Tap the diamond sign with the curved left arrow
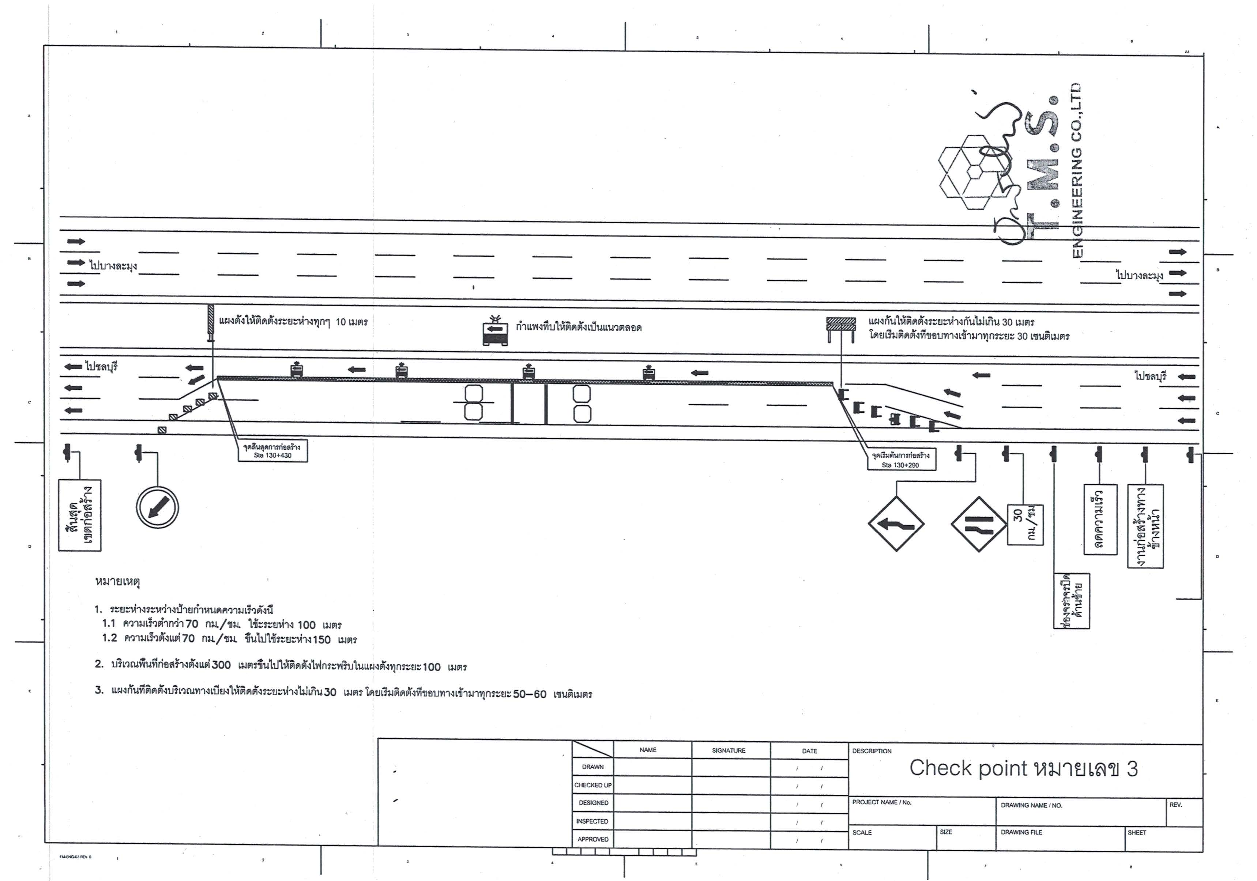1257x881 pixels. (896, 524)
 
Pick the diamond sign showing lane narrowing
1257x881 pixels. (978, 524)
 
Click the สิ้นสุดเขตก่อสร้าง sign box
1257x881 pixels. (80, 515)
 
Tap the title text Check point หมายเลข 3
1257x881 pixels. (1023, 769)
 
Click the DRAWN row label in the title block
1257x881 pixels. (593, 767)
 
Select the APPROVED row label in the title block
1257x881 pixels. (593, 839)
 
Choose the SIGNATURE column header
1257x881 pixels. (729, 750)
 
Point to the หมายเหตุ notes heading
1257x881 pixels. (118, 581)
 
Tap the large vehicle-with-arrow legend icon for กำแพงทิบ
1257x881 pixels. (495, 332)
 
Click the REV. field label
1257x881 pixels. (1175, 805)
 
